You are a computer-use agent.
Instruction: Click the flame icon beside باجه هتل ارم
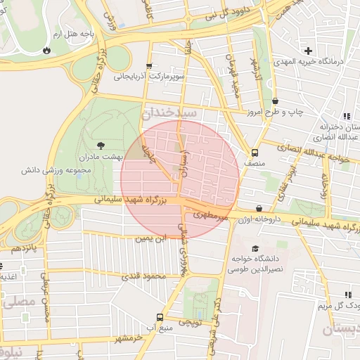[x=46, y=50]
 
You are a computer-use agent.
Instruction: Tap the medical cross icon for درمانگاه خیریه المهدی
[x=308, y=51]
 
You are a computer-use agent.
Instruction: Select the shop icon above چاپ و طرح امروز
[x=275, y=101]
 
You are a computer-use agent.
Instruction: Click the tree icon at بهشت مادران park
[x=102, y=143]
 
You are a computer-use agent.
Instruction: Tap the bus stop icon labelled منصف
[x=254, y=151]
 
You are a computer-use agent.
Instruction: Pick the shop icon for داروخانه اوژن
[x=260, y=209]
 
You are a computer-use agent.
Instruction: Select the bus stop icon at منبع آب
[x=160, y=317]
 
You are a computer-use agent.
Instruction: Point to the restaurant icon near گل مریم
[x=347, y=295]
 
